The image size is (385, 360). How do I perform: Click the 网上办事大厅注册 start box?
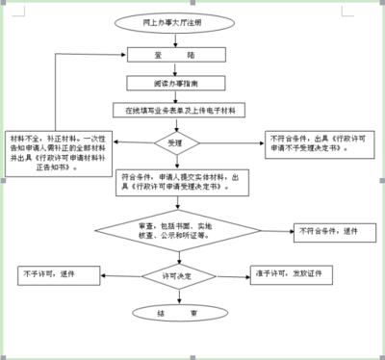pyautogui.click(x=177, y=19)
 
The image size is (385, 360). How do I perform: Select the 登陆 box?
pyautogui.click(x=177, y=57)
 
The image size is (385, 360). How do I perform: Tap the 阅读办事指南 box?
pyautogui.click(x=177, y=83)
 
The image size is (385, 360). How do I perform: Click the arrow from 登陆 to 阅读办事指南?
pyautogui.click(x=177, y=70)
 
